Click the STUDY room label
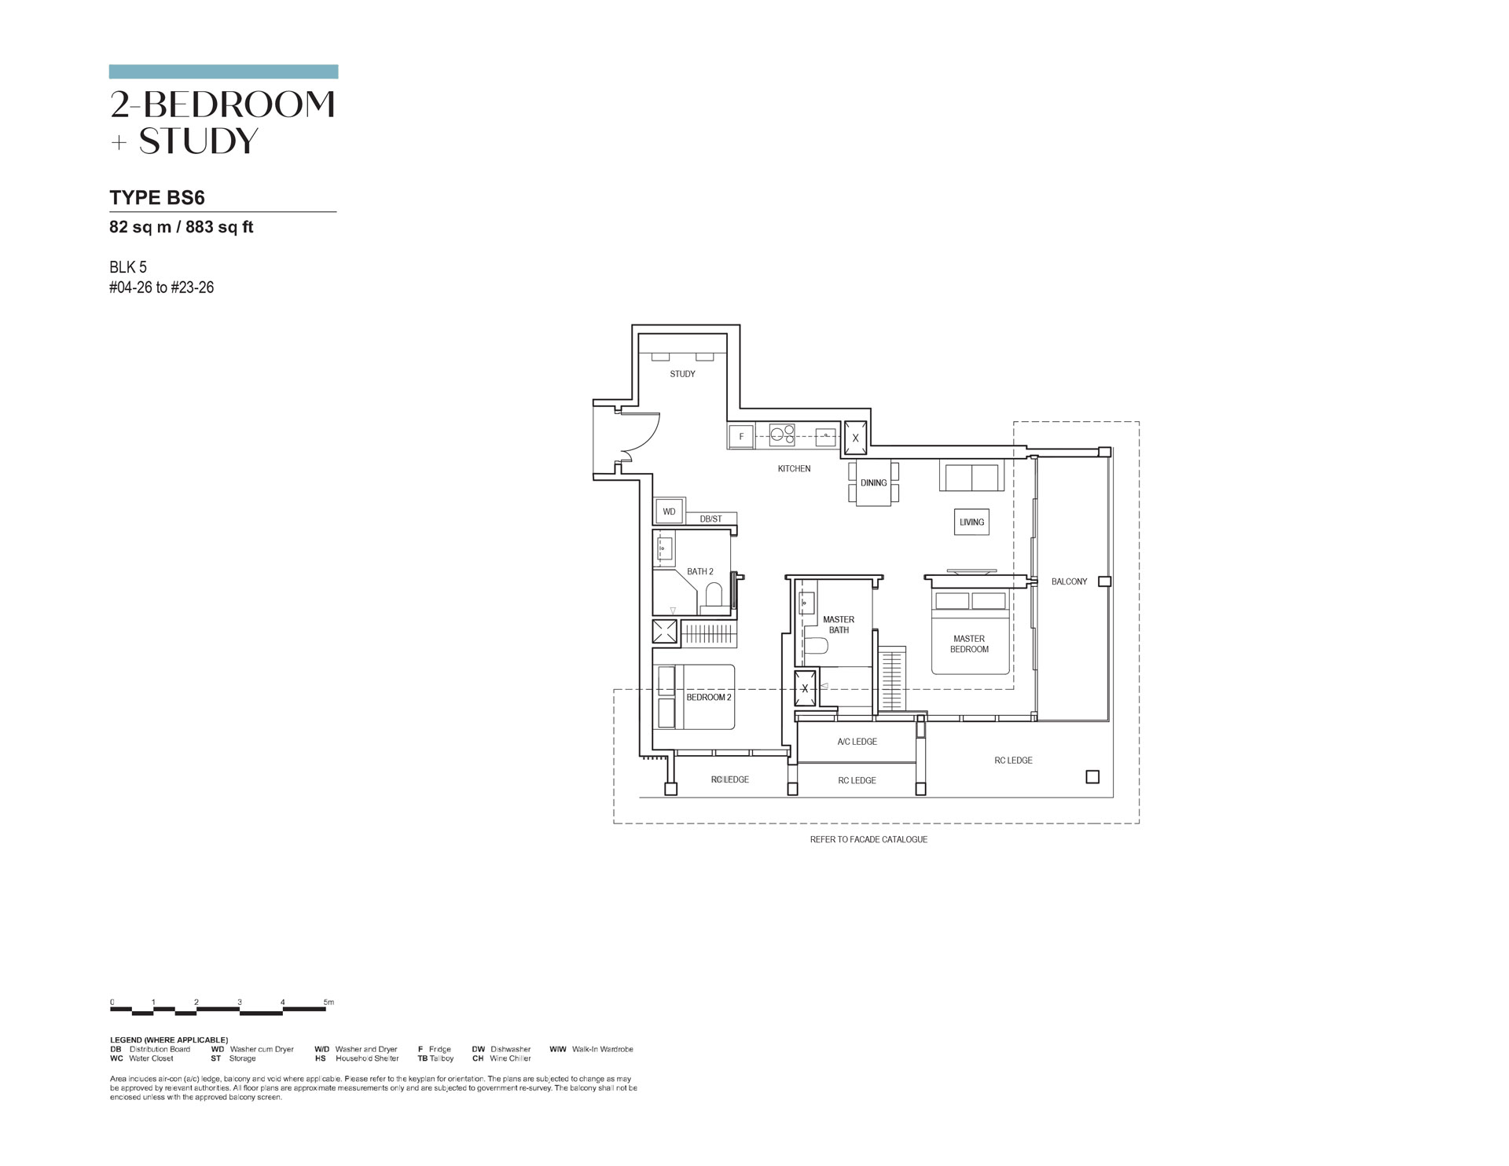click(x=682, y=374)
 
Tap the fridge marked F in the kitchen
click(x=741, y=436)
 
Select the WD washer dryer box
click(x=669, y=511)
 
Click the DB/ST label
click(x=710, y=519)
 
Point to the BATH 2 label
click(x=700, y=571)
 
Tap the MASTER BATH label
click(x=839, y=625)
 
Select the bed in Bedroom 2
click(x=696, y=697)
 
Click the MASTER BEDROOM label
click(x=969, y=643)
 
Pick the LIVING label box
click(x=971, y=522)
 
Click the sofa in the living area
click(x=971, y=476)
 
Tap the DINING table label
click(x=873, y=482)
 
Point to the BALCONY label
click(x=1069, y=581)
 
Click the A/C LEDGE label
click(x=857, y=741)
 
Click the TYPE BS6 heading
click(x=157, y=197)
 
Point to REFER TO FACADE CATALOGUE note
click(x=868, y=839)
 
